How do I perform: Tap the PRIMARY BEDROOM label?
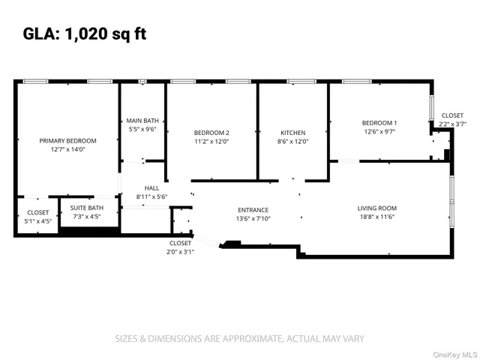click(x=68, y=140)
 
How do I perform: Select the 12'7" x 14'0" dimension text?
click(x=68, y=149)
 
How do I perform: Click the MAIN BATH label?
click(x=142, y=120)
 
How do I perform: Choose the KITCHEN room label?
click(x=293, y=132)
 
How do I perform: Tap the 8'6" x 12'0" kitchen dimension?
click(x=293, y=141)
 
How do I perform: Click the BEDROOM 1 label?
click(x=379, y=122)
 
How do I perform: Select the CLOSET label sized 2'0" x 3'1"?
click(x=180, y=243)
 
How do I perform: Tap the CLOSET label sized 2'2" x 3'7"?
click(x=452, y=115)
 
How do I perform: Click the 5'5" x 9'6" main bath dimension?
click(x=142, y=129)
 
